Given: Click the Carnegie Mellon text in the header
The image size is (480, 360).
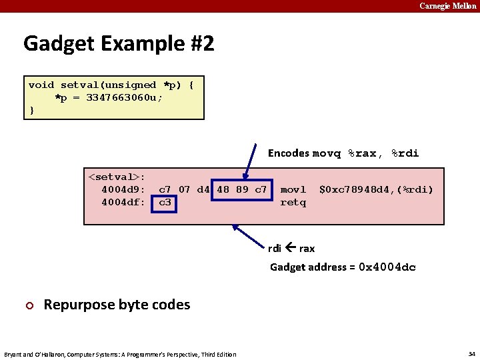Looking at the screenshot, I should (x=447, y=6).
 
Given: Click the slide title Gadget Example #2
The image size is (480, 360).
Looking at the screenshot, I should (x=119, y=44).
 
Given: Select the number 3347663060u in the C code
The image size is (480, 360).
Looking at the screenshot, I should (x=125, y=97).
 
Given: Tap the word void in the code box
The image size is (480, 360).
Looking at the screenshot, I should (x=41, y=85).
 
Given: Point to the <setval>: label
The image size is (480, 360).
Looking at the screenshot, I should (x=117, y=177).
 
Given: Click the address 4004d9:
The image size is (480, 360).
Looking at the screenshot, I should (x=123, y=189).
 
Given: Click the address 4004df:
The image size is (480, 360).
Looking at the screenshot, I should (x=123, y=202).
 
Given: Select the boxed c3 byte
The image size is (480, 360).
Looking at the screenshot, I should (x=165, y=202).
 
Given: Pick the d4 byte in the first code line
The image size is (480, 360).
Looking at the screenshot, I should (x=203, y=189).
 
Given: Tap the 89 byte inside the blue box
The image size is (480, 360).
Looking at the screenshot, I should (x=242, y=189).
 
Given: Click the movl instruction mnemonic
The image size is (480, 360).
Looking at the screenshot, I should (x=293, y=189).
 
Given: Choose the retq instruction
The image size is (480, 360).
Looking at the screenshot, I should (x=293, y=202).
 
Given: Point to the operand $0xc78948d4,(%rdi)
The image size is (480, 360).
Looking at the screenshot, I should (x=376, y=189).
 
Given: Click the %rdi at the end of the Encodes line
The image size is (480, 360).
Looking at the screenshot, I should (x=405, y=153).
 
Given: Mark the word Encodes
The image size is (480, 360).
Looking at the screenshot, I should (x=289, y=153).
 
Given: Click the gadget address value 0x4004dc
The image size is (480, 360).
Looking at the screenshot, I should (x=387, y=267).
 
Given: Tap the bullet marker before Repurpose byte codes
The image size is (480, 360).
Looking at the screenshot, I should (x=28, y=305).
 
